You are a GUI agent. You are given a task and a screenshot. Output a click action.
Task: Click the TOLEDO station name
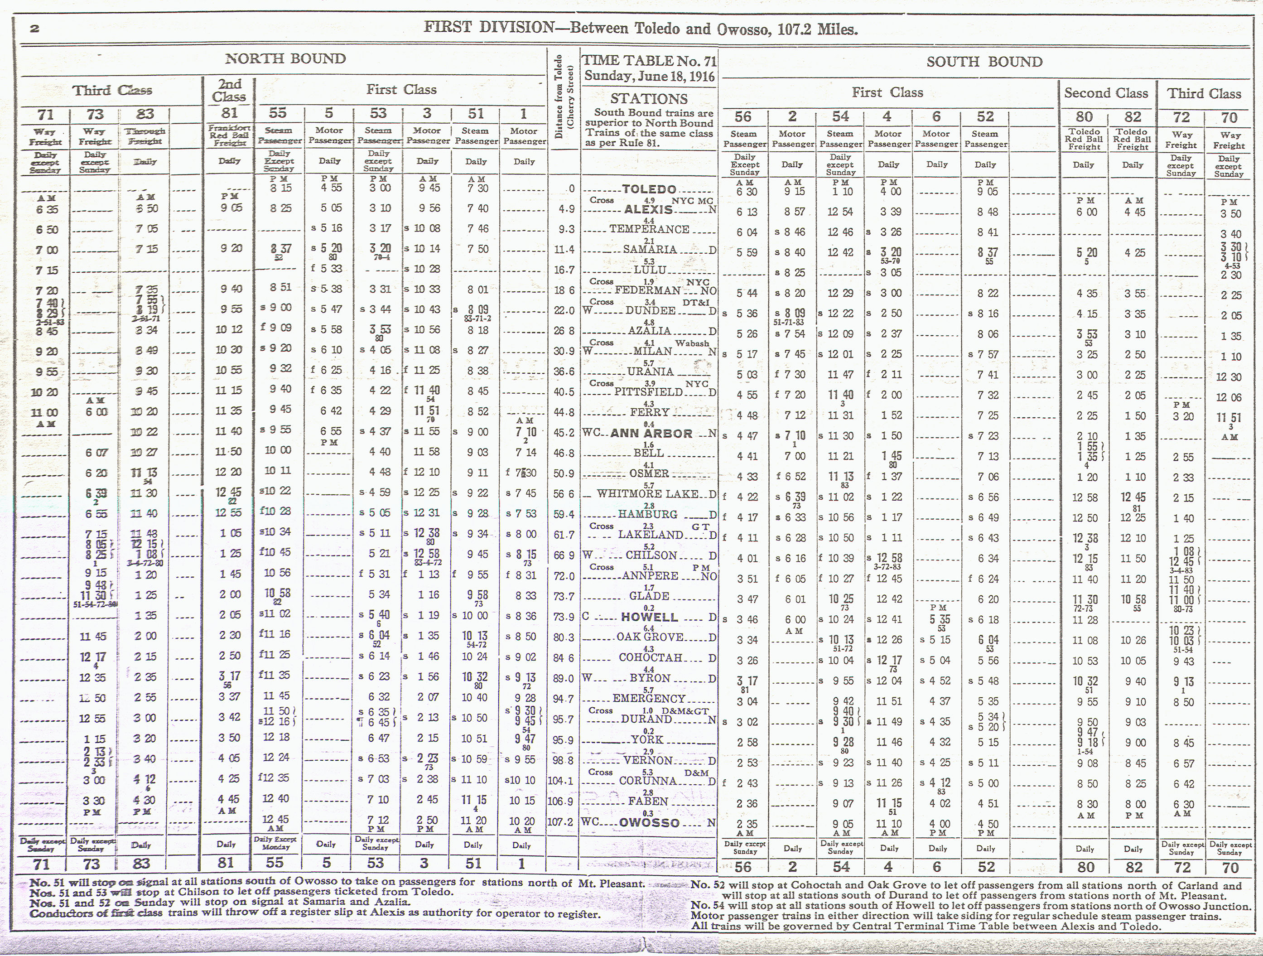point(649,189)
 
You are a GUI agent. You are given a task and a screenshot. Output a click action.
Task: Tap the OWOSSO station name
point(650,823)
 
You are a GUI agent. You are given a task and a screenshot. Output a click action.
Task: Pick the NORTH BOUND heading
point(285,59)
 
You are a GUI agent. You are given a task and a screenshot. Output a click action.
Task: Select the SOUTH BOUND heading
point(984,62)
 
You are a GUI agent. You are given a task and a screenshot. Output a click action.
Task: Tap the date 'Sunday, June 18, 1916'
point(649,77)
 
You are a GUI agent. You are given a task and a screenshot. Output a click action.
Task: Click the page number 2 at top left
point(35,28)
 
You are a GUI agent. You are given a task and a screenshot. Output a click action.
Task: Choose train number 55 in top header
point(278,113)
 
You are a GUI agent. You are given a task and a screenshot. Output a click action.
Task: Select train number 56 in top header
point(743,116)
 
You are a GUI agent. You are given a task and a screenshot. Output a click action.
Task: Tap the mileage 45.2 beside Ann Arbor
point(563,433)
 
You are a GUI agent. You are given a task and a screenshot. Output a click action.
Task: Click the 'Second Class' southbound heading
point(1106,93)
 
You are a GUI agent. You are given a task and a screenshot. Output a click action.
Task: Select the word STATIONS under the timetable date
point(649,98)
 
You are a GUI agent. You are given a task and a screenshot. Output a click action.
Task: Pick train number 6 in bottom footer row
point(936,866)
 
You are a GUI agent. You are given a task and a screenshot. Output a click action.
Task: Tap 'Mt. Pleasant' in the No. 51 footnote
point(618,883)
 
